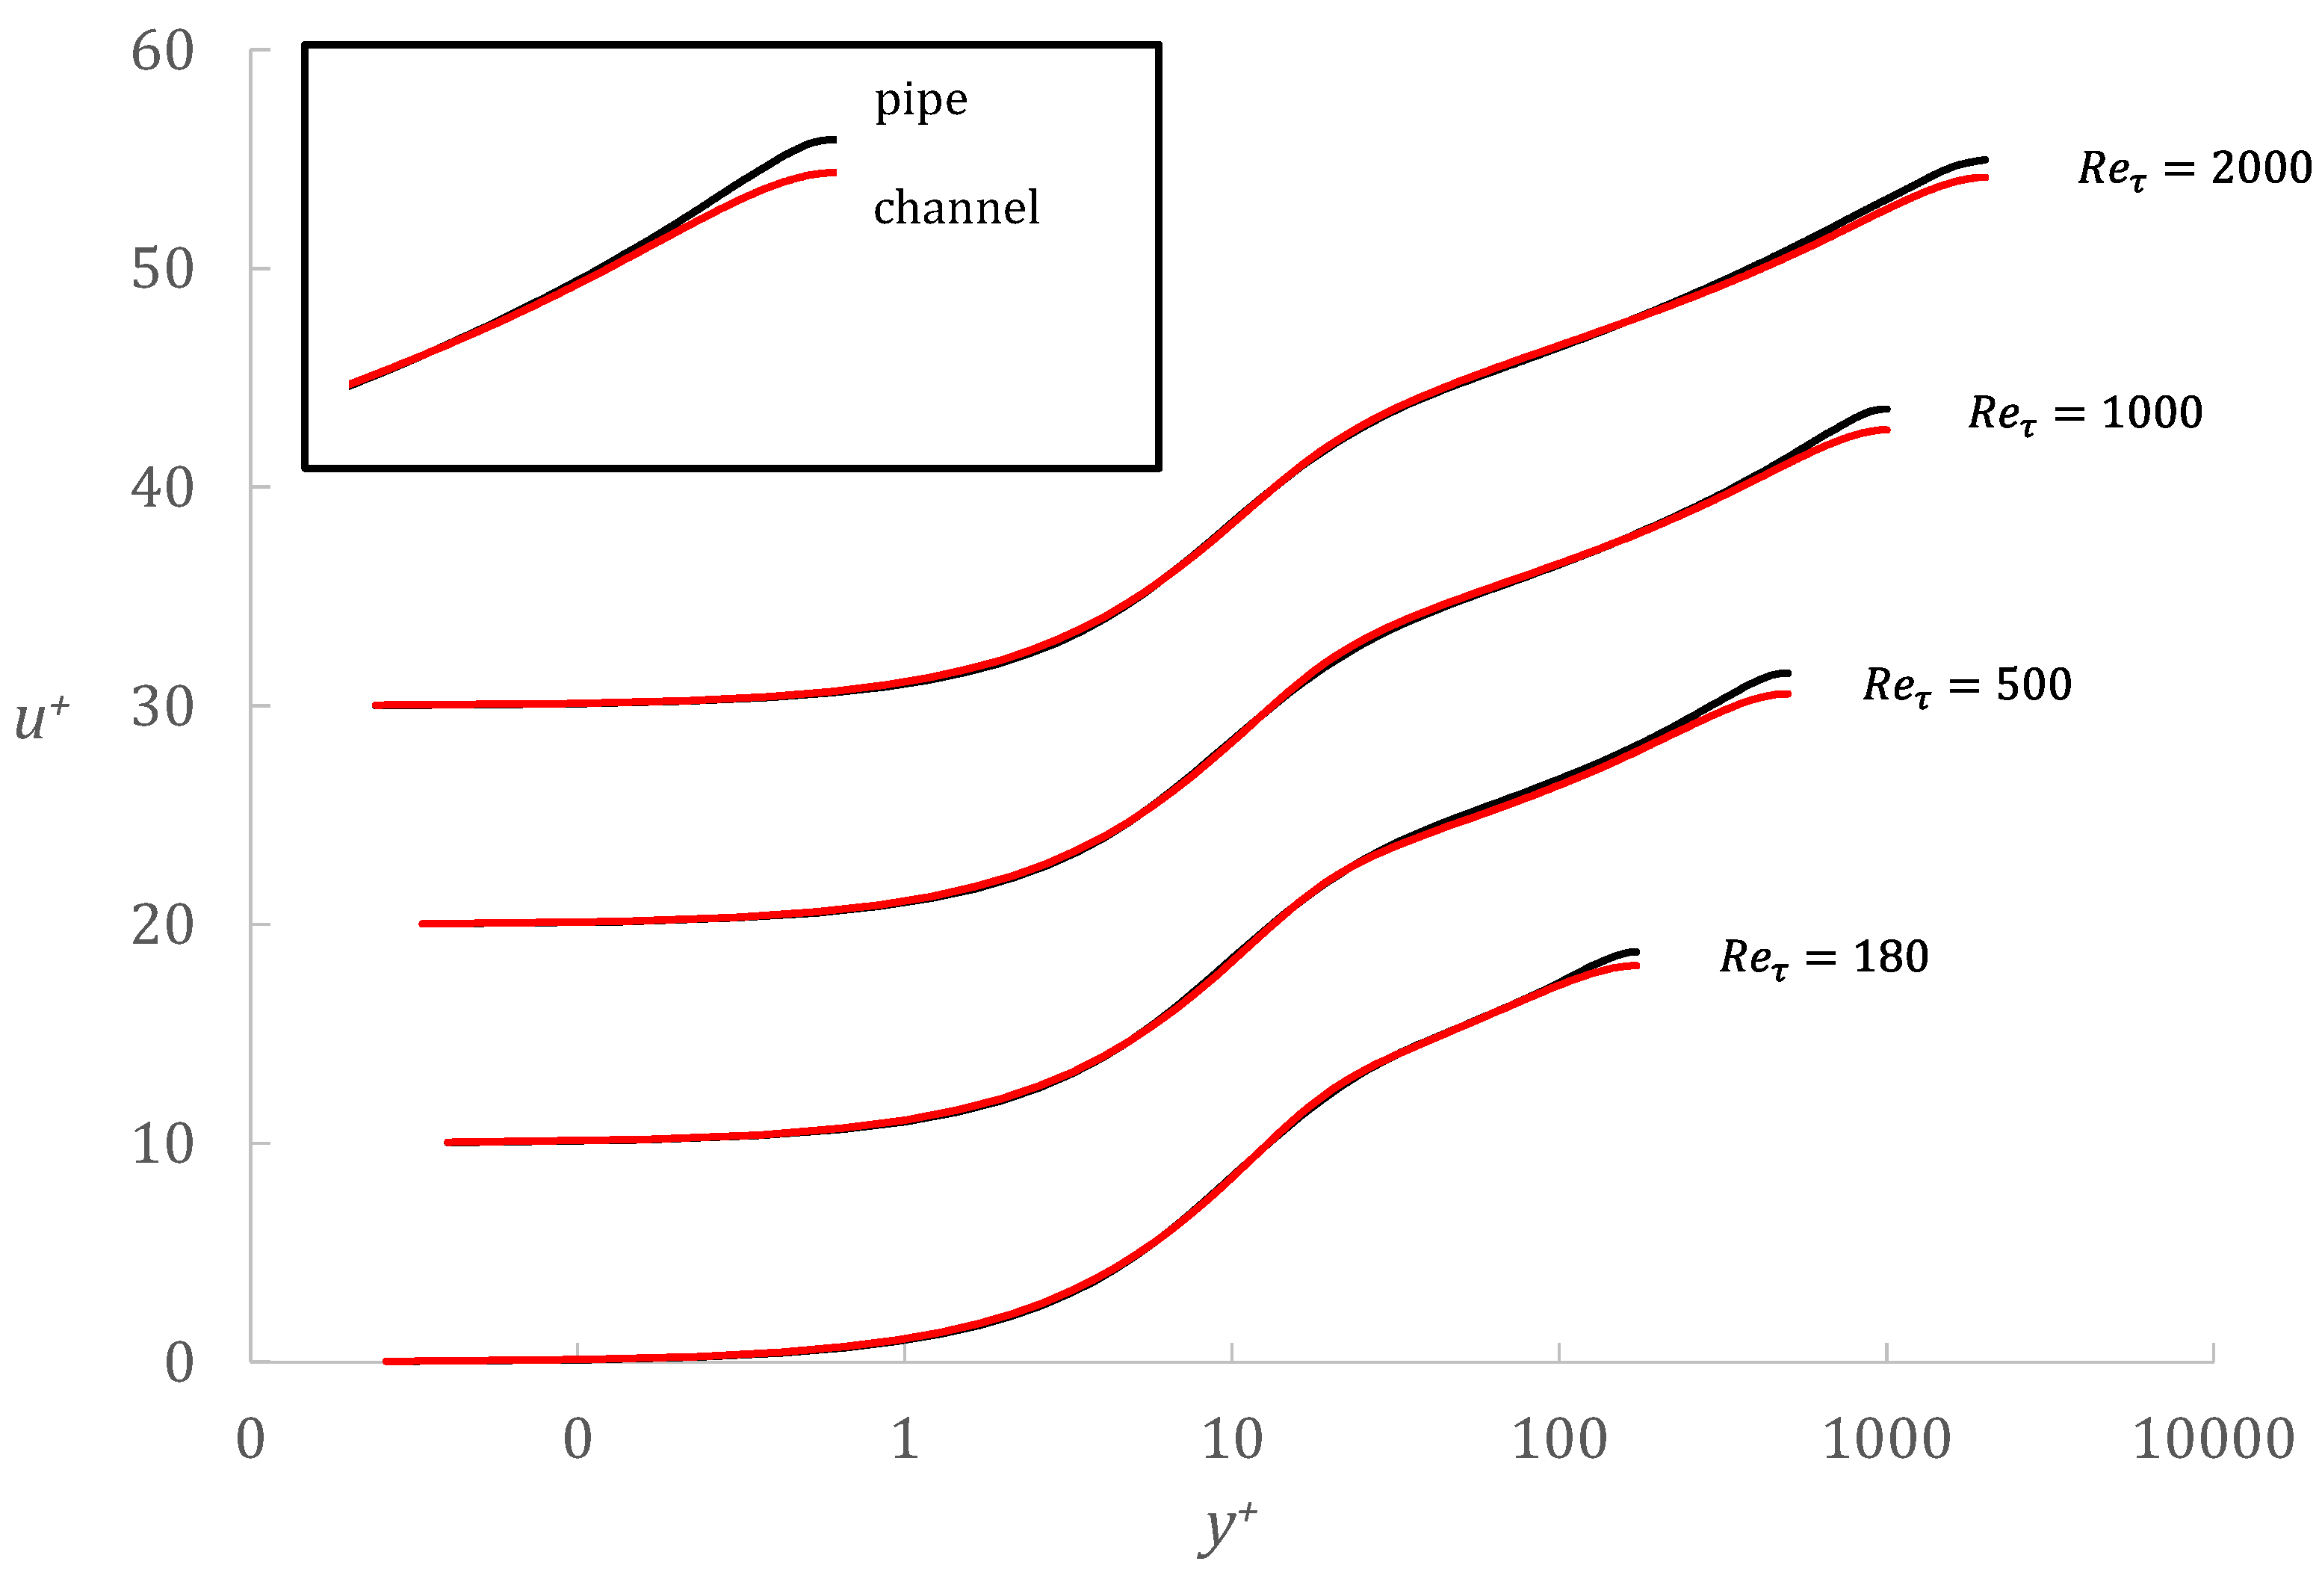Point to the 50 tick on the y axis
pyautogui.click(x=162, y=270)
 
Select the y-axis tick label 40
pyautogui.click(x=162, y=489)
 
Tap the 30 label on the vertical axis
pyautogui.click(x=162, y=708)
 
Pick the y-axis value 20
pyautogui.click(x=162, y=925)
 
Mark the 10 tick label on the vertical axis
pyautogui.click(x=162, y=1144)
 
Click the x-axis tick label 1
pyautogui.click(x=904, y=1440)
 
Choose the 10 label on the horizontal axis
pyautogui.click(x=1231, y=1440)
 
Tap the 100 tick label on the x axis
pyautogui.click(x=1558, y=1440)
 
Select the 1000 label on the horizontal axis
pyautogui.click(x=1886, y=1440)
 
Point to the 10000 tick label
pyautogui.click(x=2213, y=1440)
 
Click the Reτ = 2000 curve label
pyautogui.click(x=2194, y=168)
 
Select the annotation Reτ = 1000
pyautogui.click(x=2084, y=412)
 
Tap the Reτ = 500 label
pyautogui.click(x=1966, y=685)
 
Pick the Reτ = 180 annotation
pyautogui.click(x=1824, y=957)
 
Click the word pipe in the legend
pyautogui.click(x=920, y=101)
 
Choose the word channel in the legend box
pyautogui.click(x=956, y=208)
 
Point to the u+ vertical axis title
pyautogui.click(x=42, y=717)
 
